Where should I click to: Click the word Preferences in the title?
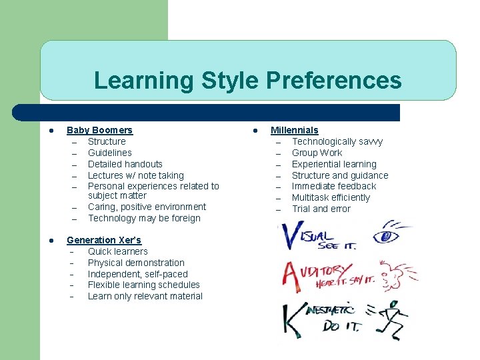[333, 81]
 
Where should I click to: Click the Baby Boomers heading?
[99, 130]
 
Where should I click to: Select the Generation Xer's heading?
[104, 240]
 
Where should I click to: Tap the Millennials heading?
[294, 130]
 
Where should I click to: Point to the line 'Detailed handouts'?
[125, 164]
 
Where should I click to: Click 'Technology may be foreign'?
[144, 218]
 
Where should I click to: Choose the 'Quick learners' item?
[118, 251]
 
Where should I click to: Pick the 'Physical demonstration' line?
[136, 263]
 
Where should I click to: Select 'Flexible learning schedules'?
[144, 285]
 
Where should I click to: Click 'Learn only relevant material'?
[145, 296]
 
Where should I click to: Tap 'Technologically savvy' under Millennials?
[337, 141]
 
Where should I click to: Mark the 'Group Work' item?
[317, 153]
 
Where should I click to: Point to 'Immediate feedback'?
[334, 186]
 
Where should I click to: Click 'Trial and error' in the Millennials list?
[321, 209]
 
